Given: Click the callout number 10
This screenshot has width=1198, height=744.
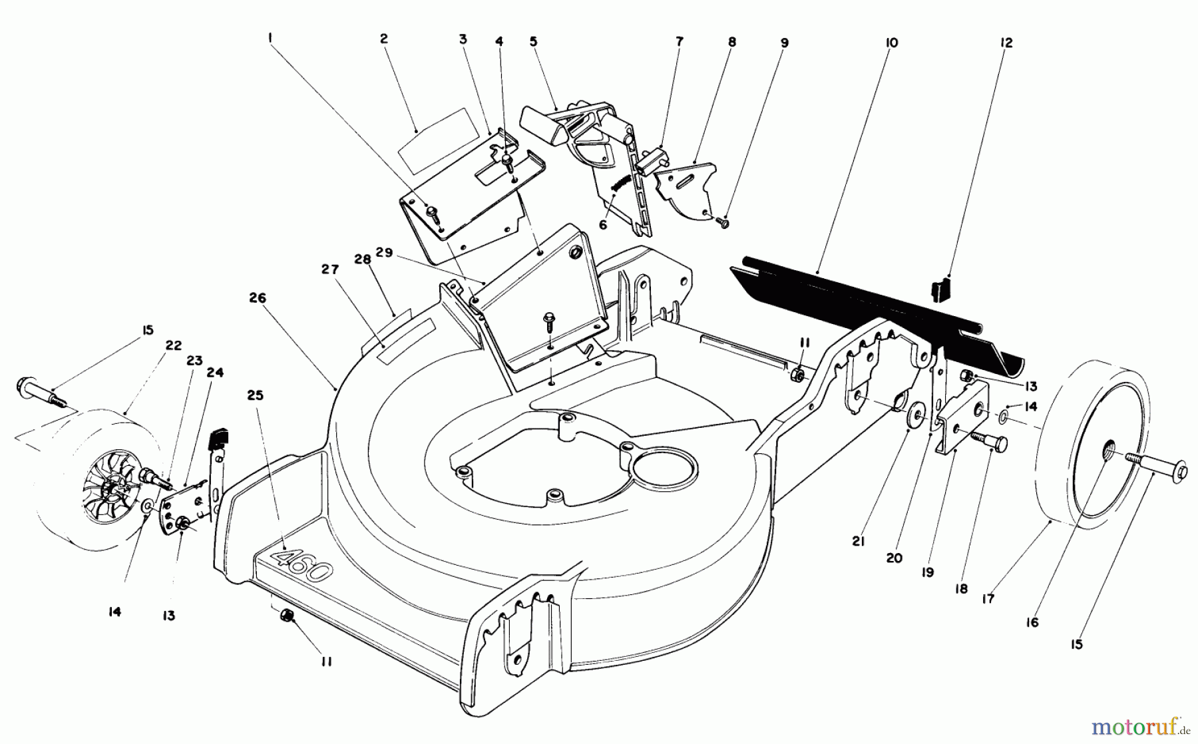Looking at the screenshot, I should (x=892, y=43).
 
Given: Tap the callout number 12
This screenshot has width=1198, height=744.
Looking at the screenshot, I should (x=1006, y=43).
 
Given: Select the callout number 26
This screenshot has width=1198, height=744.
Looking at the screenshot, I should (x=258, y=298).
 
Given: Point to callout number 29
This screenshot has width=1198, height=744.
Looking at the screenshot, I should (x=384, y=254).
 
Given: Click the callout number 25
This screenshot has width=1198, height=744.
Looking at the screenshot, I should (x=255, y=395).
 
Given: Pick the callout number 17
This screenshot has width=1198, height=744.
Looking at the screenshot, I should (x=988, y=599).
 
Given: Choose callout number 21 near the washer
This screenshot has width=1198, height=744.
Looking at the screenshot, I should (x=858, y=542).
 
